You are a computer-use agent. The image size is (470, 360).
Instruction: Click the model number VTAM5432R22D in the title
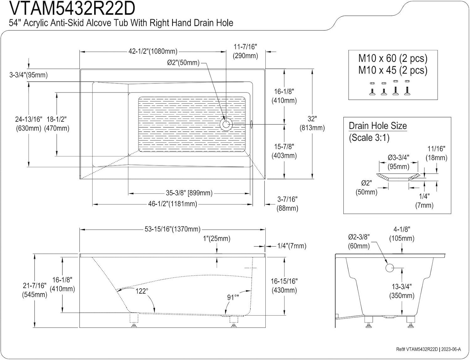[x=72, y=8]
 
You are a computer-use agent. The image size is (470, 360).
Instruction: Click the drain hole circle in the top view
[x=225, y=124]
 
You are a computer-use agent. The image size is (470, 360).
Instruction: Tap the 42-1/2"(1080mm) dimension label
[x=153, y=51]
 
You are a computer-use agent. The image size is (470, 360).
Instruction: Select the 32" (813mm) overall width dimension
[x=312, y=123]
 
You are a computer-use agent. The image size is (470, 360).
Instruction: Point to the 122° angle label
[x=141, y=291]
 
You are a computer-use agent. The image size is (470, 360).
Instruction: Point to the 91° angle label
[x=232, y=297]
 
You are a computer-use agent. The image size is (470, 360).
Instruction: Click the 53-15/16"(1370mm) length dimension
[x=172, y=229]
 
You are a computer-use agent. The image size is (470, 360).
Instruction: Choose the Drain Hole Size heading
[x=378, y=126]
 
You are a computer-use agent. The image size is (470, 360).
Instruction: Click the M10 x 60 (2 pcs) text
[x=393, y=59]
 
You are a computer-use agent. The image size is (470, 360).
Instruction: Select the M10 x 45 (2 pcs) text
[x=393, y=70]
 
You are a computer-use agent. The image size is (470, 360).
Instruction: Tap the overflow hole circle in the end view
[x=389, y=268]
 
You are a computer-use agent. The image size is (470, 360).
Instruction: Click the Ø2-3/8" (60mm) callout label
[x=359, y=242]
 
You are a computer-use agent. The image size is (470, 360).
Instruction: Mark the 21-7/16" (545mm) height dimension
[x=34, y=290]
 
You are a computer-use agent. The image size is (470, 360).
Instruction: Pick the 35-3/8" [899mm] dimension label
[x=189, y=193]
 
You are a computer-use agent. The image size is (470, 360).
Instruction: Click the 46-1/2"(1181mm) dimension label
[x=173, y=204]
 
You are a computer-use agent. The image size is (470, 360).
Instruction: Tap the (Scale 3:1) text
[x=369, y=138]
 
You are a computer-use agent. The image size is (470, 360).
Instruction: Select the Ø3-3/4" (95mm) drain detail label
[x=398, y=162]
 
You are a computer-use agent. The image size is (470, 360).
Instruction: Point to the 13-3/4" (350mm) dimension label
[x=402, y=291]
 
